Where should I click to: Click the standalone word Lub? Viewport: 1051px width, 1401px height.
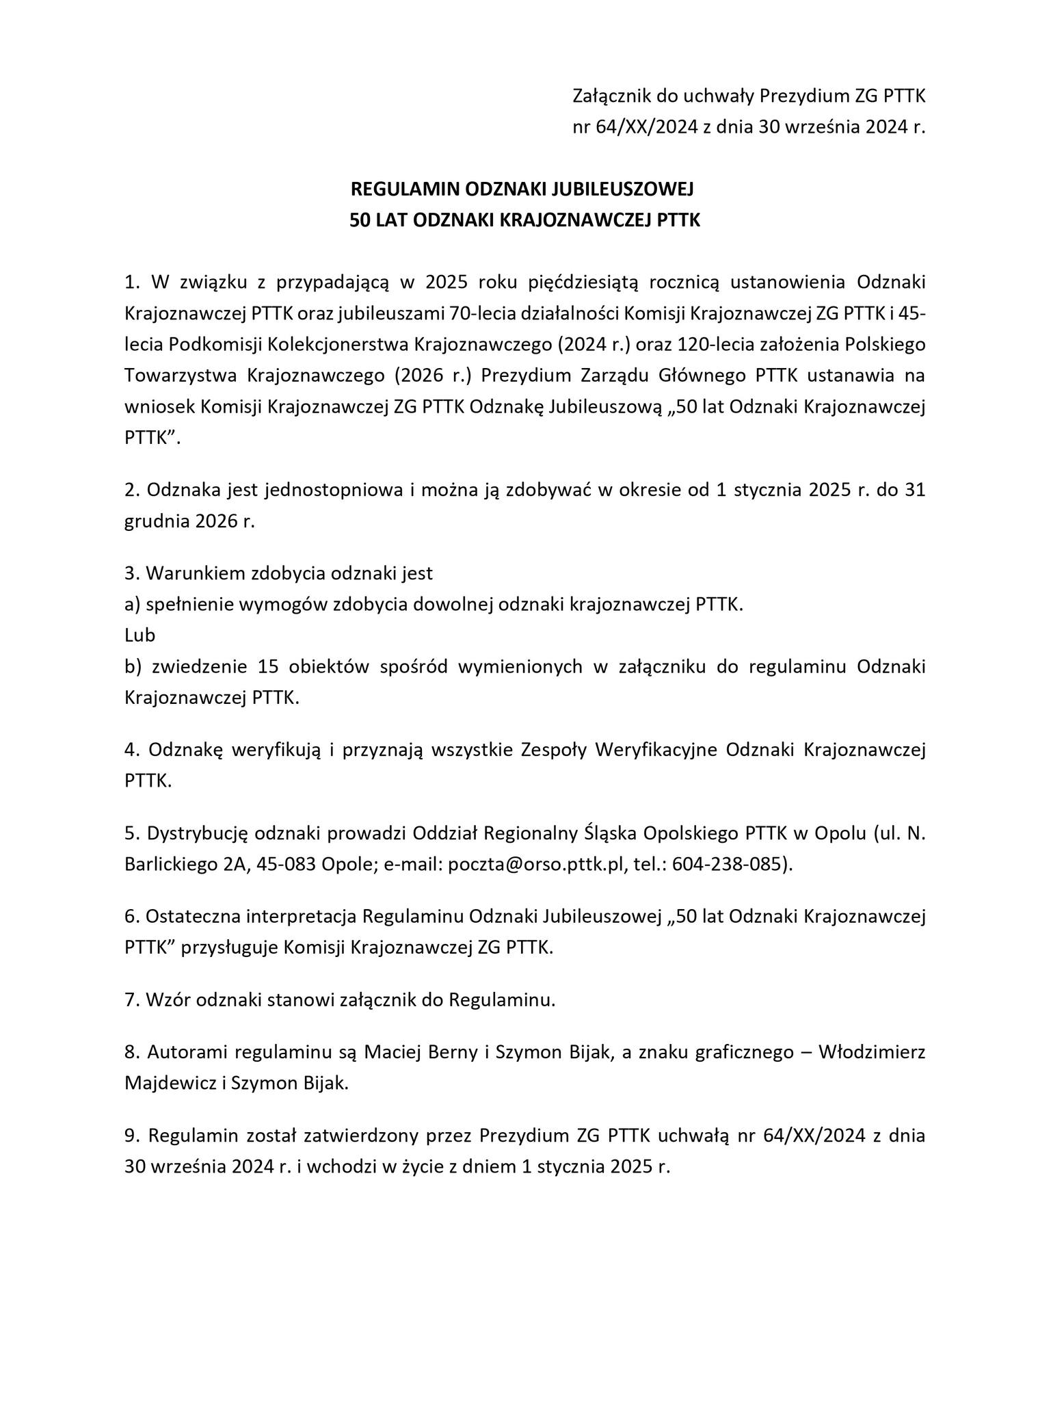pyautogui.click(x=139, y=635)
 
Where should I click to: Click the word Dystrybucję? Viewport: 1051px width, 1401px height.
pyautogui.click(x=199, y=834)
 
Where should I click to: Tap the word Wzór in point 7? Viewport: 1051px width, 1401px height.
pyautogui.click(x=168, y=1000)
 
